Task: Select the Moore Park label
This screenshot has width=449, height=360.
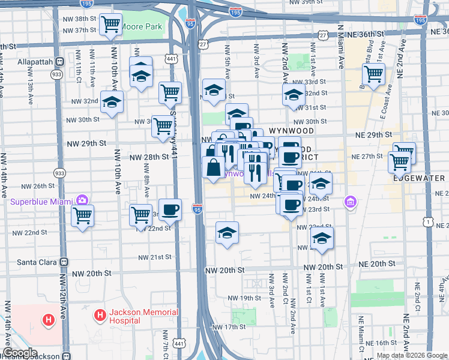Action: tap(142, 27)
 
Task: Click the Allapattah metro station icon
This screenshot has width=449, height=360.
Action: tap(59, 62)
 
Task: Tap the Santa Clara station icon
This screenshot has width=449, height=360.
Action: tap(63, 262)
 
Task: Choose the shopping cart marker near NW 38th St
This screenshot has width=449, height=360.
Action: tap(110, 24)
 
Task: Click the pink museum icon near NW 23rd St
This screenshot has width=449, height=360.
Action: tap(350, 203)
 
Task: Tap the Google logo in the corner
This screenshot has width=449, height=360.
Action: tap(20, 353)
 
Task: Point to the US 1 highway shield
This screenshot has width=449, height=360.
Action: tap(427, 222)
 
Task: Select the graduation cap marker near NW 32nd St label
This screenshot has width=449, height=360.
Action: tap(112, 103)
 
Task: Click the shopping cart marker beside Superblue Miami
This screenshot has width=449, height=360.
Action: tap(82, 215)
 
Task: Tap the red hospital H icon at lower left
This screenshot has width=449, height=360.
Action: tap(49, 320)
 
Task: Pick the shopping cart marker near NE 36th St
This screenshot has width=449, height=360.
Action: tap(373, 75)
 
